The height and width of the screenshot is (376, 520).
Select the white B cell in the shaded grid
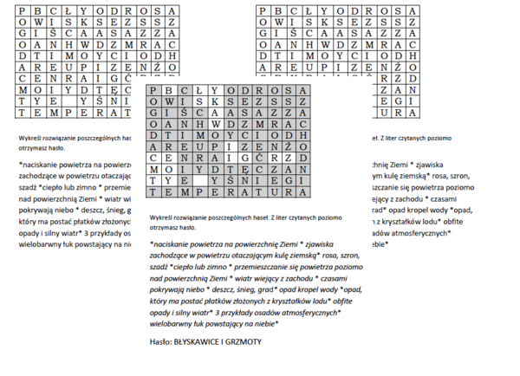pos(169,91)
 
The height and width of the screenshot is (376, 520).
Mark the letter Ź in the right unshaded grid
pos(400,64)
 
